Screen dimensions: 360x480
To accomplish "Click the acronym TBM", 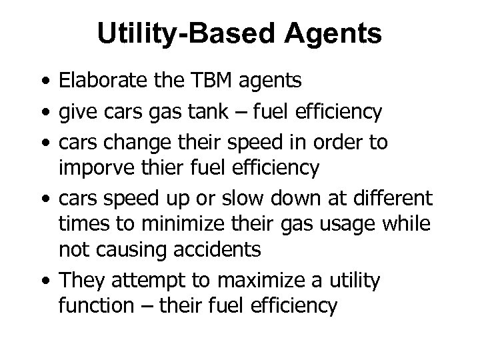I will coord(205,81).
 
